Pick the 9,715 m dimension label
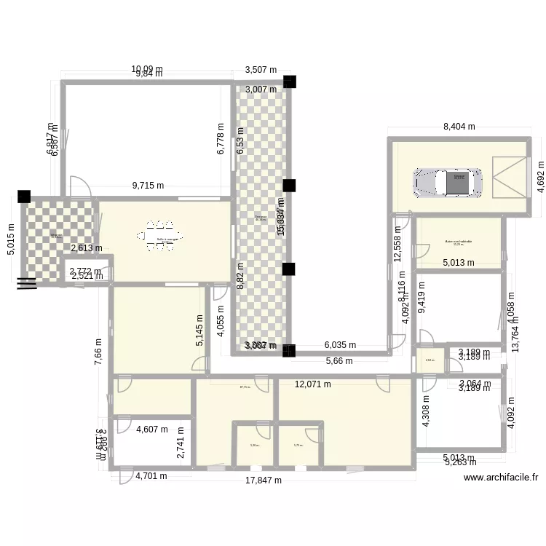(148, 186)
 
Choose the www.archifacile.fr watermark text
(501, 478)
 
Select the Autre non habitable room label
(459, 242)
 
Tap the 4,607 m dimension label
(152, 430)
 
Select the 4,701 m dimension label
(151, 477)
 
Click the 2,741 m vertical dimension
(181, 443)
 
